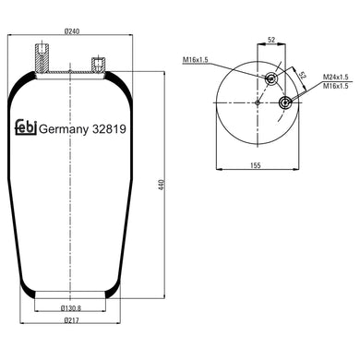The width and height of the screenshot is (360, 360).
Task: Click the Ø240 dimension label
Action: [x=70, y=33]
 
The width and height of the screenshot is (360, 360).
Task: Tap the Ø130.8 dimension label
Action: [x=71, y=307]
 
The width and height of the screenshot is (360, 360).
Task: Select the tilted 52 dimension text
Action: [x=300, y=76]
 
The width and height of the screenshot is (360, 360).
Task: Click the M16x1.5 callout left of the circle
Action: [x=196, y=60]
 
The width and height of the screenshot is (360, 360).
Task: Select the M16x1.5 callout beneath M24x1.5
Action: [x=335, y=86]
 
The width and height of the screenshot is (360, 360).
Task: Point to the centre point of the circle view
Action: [x=258, y=102]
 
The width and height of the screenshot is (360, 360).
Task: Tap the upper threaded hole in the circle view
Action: [x=271, y=79]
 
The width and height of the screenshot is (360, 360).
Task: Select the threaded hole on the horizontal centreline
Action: [x=284, y=102]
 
